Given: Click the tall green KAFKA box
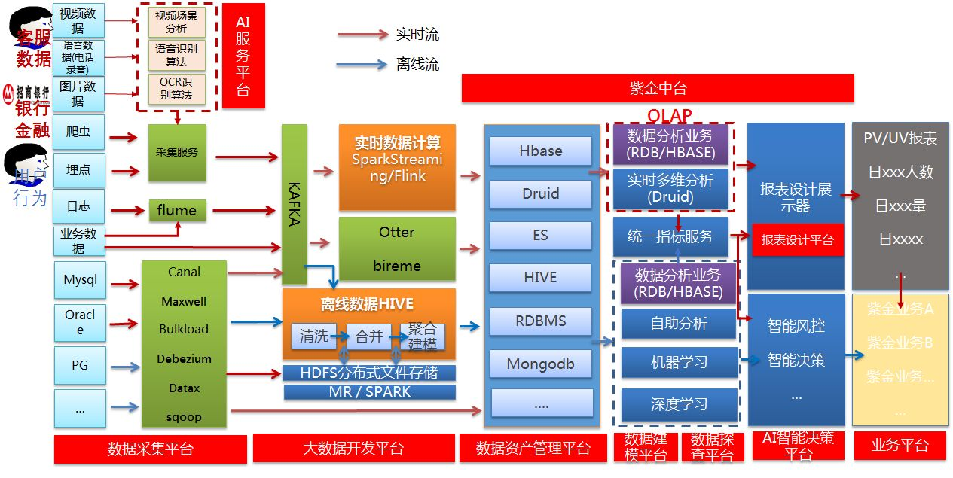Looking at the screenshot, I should pyautogui.click(x=294, y=204).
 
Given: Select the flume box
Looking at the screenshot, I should pyautogui.click(x=177, y=211).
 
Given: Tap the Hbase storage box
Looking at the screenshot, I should pyautogui.click(x=540, y=151).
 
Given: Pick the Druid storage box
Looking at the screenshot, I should pyautogui.click(x=540, y=193).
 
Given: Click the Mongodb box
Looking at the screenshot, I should pyautogui.click(x=540, y=364).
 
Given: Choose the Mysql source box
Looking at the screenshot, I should pyautogui.click(x=80, y=280).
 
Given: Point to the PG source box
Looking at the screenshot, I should pyautogui.click(x=80, y=365).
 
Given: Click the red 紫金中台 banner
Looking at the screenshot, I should pyautogui.click(x=658, y=88).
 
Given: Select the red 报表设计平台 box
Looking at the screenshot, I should pyautogui.click(x=797, y=240).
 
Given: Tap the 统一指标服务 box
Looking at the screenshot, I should pyautogui.click(x=670, y=236).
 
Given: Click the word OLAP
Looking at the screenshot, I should pyautogui.click(x=669, y=115).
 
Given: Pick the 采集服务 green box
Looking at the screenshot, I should pyautogui.click(x=177, y=152).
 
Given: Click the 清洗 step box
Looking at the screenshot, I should pyautogui.click(x=314, y=336).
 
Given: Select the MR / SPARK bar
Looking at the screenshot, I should pyautogui.click(x=369, y=392).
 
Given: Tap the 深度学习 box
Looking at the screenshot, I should pyautogui.click(x=679, y=405).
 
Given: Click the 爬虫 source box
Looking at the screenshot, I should pyautogui.click(x=78, y=132).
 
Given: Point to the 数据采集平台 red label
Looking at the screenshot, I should pyautogui.click(x=150, y=449).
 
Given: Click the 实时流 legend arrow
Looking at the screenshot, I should pyautogui.click(x=362, y=35).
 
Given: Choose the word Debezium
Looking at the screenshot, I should pyautogui.click(x=184, y=359).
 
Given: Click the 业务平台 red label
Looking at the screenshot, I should pyautogui.click(x=900, y=445).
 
